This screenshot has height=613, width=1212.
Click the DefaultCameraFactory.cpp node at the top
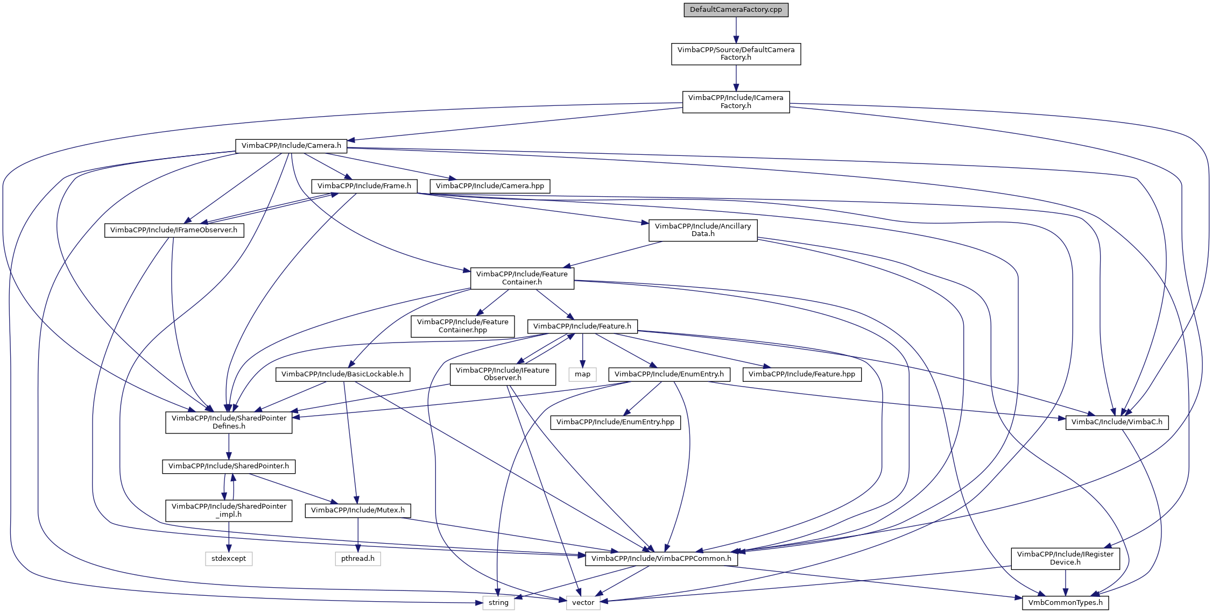tap(736, 10)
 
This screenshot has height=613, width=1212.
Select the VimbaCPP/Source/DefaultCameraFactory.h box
tap(736, 54)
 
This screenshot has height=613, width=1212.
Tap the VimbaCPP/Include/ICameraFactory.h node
tap(736, 102)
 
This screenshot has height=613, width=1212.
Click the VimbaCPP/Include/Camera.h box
tap(291, 146)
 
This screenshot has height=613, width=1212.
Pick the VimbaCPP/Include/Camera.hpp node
tap(490, 186)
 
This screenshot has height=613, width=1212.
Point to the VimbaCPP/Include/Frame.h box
tap(364, 186)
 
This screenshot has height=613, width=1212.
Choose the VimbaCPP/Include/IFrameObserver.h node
tap(174, 230)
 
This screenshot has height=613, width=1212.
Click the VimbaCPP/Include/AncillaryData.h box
tap(703, 230)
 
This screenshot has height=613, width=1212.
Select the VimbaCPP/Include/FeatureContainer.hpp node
tap(463, 326)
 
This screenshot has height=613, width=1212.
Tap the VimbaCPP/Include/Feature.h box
tap(582, 326)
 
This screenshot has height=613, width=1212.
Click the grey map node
tap(582, 374)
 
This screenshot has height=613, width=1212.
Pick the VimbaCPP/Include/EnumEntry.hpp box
tap(615, 422)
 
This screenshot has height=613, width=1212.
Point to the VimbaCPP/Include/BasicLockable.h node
tap(342, 374)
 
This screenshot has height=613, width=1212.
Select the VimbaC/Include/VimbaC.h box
tap(1117, 422)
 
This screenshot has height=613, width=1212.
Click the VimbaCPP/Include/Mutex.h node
tap(358, 510)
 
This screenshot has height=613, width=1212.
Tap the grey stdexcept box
tap(229, 559)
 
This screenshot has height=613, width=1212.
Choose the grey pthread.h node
tap(358, 559)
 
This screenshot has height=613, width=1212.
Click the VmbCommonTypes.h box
tap(1065, 603)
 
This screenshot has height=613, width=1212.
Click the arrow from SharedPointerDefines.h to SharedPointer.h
tap(229, 446)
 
